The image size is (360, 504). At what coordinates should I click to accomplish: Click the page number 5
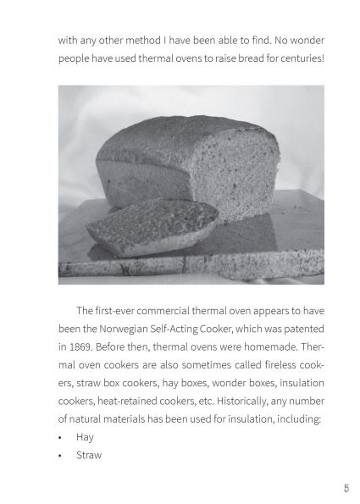click(x=346, y=489)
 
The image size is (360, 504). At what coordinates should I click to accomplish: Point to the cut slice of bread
click(x=152, y=227)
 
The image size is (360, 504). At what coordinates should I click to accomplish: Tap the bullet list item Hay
click(x=84, y=437)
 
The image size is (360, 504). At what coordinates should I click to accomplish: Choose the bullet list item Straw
click(x=89, y=455)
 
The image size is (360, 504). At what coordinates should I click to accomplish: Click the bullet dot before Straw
click(x=61, y=456)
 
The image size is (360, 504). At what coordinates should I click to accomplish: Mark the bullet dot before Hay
click(x=61, y=438)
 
